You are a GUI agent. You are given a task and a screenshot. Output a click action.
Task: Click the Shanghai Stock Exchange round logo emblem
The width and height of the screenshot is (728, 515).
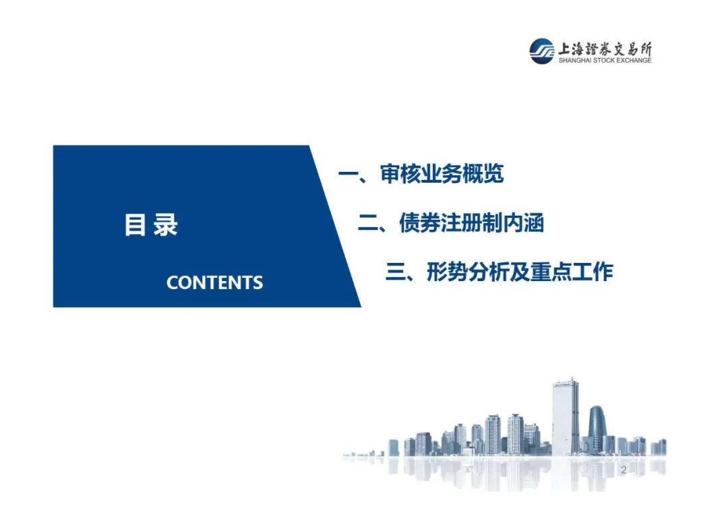tap(541, 51)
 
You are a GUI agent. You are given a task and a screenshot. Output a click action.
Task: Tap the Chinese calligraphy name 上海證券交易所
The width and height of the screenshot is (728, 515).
tap(605, 49)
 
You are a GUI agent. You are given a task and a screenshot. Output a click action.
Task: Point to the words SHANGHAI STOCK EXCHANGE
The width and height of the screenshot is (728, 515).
tap(605, 61)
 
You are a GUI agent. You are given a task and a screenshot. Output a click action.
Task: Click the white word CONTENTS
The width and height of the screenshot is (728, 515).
tap(214, 282)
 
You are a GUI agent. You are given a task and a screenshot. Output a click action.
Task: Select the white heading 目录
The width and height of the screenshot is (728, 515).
tap(151, 224)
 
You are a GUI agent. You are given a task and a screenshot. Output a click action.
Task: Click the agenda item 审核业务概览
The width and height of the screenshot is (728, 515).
tap(442, 174)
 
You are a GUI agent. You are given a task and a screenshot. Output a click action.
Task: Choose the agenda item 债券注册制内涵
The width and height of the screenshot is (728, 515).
tap(471, 222)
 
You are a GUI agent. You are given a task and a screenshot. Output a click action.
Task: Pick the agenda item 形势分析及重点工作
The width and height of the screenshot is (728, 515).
tap(520, 271)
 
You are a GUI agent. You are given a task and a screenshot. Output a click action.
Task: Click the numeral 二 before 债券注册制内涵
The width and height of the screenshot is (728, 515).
tap(368, 223)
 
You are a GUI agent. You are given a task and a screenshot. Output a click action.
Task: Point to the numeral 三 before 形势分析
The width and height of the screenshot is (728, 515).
tap(396, 272)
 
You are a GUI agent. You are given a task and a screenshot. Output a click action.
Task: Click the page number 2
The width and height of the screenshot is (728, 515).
tap(624, 470)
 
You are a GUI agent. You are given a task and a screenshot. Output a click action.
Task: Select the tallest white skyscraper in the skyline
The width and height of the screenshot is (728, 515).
tap(566, 416)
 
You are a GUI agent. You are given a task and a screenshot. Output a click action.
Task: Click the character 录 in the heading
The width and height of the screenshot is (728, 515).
tap(165, 224)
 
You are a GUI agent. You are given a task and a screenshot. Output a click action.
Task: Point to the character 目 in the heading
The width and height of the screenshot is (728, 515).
tap(135, 224)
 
